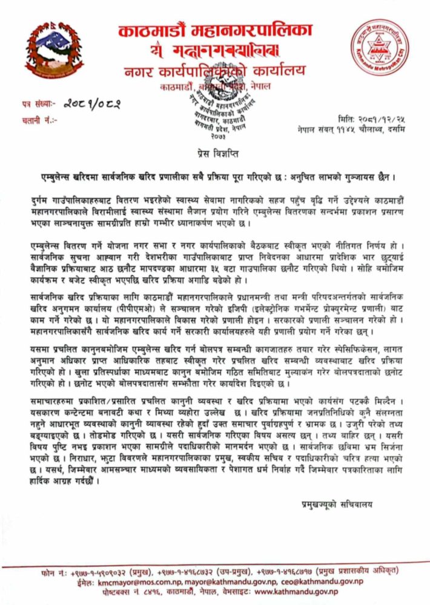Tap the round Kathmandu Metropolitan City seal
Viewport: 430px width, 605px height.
click(380, 48)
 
